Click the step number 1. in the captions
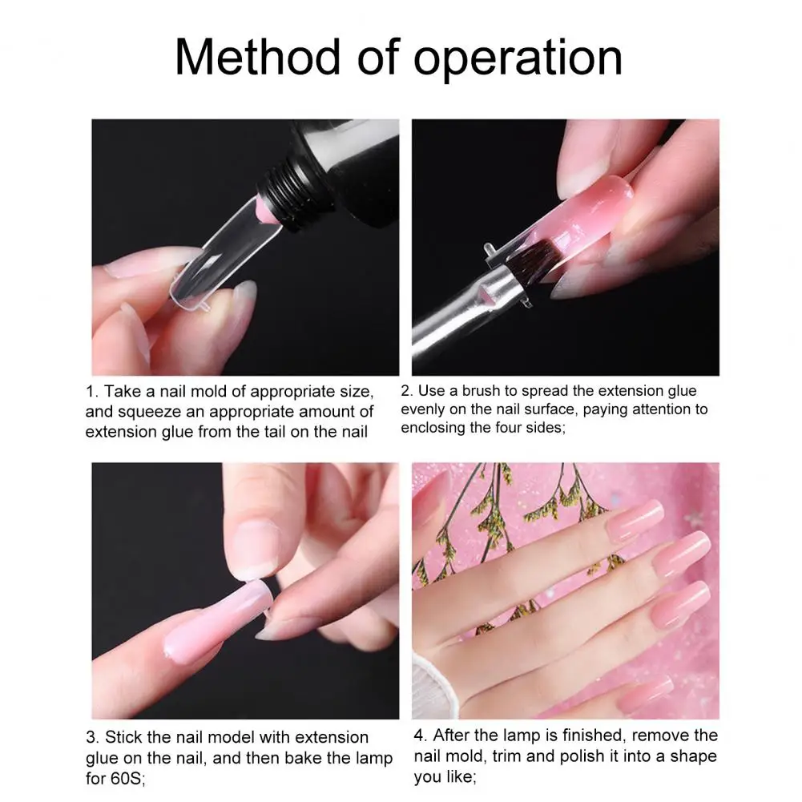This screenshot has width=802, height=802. (x=92, y=393)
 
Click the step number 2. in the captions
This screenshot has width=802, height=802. (x=407, y=392)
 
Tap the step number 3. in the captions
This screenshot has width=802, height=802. (x=92, y=738)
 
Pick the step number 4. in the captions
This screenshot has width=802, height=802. (x=421, y=736)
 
